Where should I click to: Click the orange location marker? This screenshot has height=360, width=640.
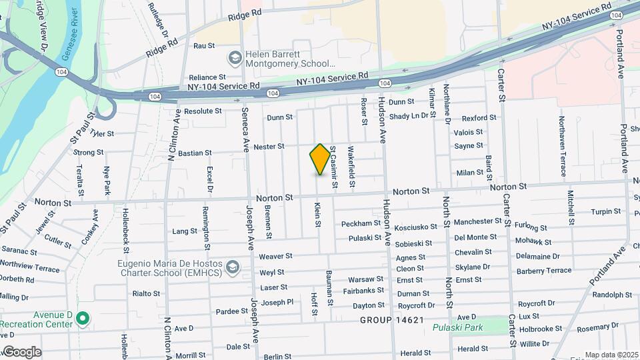[x=321, y=159]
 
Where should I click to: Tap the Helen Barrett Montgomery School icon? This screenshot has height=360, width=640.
[x=234, y=58]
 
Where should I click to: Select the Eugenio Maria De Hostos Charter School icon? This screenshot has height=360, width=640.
[x=233, y=267]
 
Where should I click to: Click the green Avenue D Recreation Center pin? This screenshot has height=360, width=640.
[x=82, y=318]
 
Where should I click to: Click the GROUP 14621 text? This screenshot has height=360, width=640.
[x=392, y=320]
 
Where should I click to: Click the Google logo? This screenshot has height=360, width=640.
[x=22, y=352]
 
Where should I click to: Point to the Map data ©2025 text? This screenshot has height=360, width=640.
[x=610, y=354]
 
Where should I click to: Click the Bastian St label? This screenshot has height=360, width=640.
[x=195, y=153]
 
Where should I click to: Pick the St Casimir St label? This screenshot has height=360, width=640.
[x=332, y=165]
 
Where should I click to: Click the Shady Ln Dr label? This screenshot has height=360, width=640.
[x=409, y=116]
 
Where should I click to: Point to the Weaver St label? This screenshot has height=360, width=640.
[x=275, y=256]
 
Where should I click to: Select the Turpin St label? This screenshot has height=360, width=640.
[x=605, y=211]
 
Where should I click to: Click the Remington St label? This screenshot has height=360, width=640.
[x=205, y=224]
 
